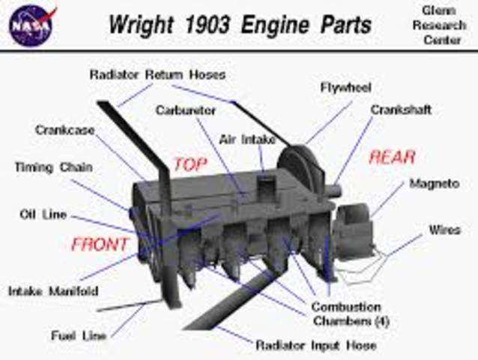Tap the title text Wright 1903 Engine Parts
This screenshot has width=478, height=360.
[239, 24]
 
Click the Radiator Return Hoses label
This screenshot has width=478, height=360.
[157, 75]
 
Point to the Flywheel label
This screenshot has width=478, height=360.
[345, 87]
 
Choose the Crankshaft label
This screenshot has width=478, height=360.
[401, 109]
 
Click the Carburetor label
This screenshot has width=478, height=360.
[186, 110]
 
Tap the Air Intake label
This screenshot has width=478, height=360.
[247, 139]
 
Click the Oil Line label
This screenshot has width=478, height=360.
[43, 214]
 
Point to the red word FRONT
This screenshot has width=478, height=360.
[100, 244]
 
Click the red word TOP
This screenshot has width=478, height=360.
[190, 164]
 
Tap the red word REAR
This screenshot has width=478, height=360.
[393, 157]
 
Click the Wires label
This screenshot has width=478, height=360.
[444, 229]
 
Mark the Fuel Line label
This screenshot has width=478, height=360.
[79, 335]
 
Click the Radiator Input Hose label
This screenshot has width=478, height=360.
[315, 346]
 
